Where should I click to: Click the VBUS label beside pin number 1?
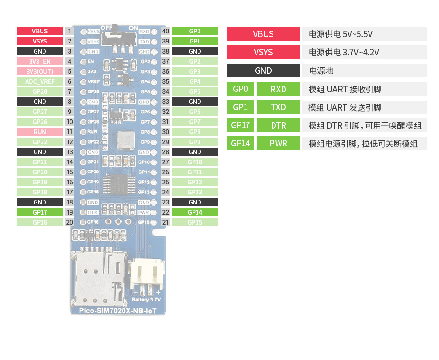click(x=39, y=31)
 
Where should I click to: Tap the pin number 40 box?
click(x=166, y=31)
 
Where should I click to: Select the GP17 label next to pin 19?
click(x=39, y=212)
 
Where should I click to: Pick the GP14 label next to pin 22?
click(x=194, y=212)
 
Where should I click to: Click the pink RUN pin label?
click(x=39, y=132)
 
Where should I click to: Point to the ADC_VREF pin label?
click(x=39, y=81)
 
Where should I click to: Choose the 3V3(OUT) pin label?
click(x=39, y=71)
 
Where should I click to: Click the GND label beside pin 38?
click(x=194, y=51)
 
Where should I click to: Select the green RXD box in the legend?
click(x=278, y=89)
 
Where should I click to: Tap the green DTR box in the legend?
click(x=278, y=125)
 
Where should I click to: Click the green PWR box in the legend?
click(x=278, y=143)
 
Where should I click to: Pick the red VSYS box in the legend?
click(x=263, y=52)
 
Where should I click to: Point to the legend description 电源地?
click(x=321, y=71)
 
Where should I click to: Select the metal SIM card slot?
click(x=97, y=279)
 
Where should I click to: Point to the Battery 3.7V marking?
click(x=146, y=300)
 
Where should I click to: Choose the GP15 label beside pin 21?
click(x=194, y=222)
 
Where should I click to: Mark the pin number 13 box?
click(x=70, y=152)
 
